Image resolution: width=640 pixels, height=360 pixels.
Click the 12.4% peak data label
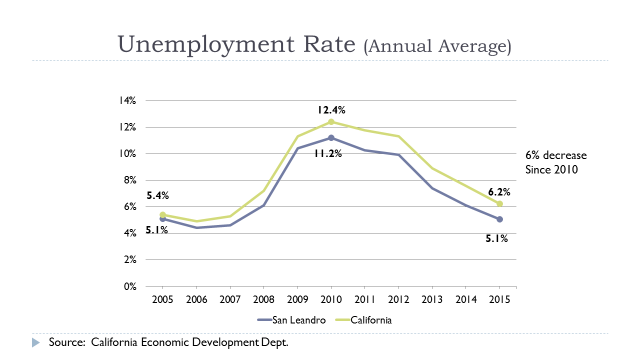pos(330,110)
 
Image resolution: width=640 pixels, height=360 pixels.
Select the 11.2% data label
pos(327,154)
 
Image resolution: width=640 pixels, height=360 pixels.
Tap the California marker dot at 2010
pos(331,122)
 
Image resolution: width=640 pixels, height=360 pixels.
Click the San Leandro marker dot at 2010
pos(331,137)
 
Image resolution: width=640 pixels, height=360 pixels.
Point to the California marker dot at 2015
pos(499,203)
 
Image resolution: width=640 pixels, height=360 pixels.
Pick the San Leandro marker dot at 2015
pos(499,219)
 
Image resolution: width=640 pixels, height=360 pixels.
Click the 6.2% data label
pos(499,192)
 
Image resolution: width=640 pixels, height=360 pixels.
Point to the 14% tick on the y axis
pos(127,100)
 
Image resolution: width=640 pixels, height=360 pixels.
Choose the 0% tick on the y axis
pos(129,286)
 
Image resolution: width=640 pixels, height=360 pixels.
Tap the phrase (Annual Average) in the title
pos(437,46)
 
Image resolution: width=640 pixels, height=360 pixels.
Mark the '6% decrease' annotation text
pos(556,155)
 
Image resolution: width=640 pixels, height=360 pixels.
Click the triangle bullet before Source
pos(35,343)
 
